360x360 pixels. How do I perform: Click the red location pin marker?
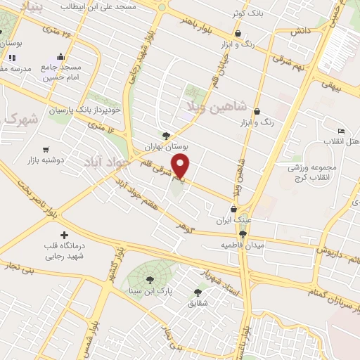(x=181, y=167)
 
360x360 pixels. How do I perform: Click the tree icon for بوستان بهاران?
(x=166, y=136)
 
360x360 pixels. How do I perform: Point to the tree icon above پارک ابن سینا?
(x=149, y=279)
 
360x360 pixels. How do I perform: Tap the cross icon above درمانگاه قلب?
(x=65, y=234)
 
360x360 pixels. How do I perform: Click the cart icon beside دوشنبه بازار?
(x=46, y=150)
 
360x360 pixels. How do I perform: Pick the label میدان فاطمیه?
(x=243, y=245)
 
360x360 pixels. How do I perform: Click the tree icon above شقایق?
(x=198, y=292)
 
